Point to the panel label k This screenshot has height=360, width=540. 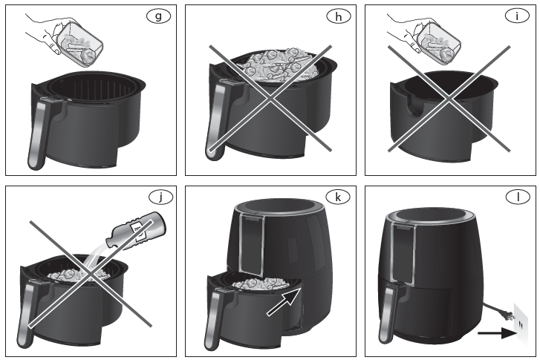click(338, 197)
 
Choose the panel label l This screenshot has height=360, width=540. click(517, 197)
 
